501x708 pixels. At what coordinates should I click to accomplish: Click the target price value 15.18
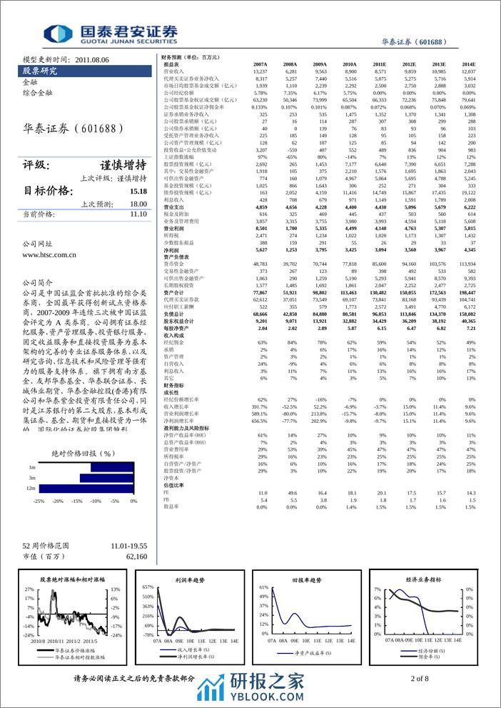coord(138,191)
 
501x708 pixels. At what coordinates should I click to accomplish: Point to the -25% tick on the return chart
coord(39,501)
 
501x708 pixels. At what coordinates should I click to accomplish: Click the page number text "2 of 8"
coord(420,677)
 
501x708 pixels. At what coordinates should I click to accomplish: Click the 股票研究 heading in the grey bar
coord(40,71)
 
